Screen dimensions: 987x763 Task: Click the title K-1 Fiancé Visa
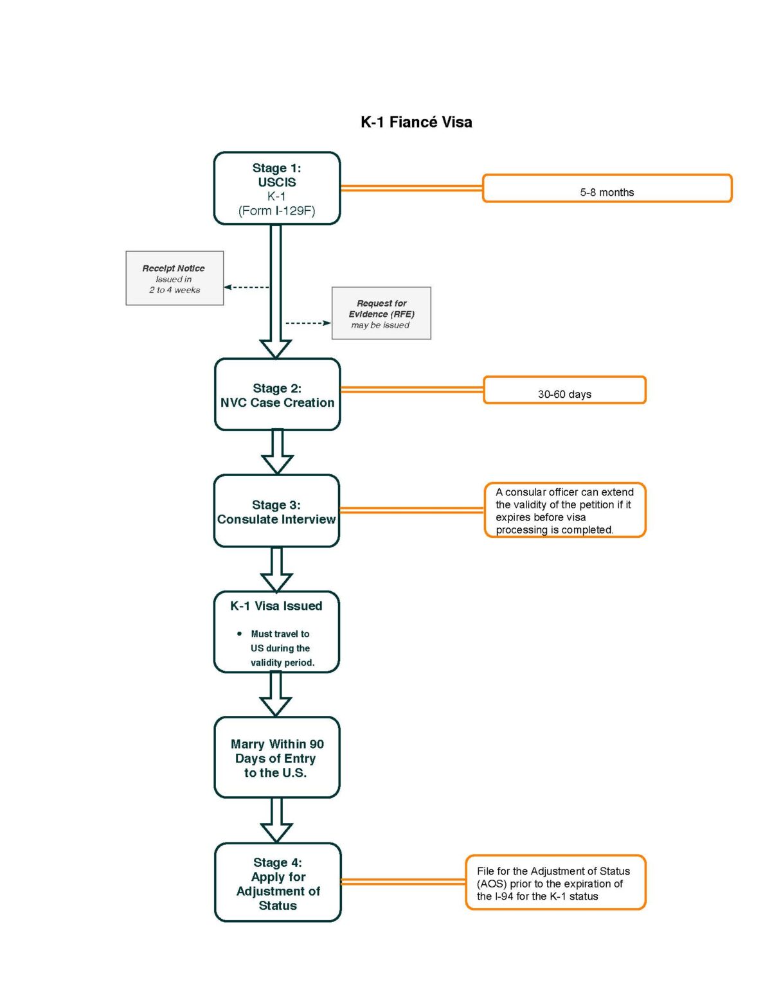click(416, 122)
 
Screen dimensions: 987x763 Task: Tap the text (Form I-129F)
click(276, 211)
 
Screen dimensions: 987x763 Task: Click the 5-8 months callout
click(607, 189)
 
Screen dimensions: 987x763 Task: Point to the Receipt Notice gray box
click(174, 278)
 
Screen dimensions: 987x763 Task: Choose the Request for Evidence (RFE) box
click(381, 314)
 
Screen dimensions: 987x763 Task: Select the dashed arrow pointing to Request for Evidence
click(308, 323)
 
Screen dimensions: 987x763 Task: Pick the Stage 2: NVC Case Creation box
click(277, 395)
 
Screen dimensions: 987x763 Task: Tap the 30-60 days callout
click(564, 391)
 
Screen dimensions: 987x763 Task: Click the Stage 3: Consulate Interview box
click(276, 511)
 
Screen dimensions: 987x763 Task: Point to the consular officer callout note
click(564, 510)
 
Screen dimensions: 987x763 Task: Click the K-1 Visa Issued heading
click(276, 606)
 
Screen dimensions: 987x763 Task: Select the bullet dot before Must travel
click(240, 634)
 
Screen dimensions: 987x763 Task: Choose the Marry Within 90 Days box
click(276, 758)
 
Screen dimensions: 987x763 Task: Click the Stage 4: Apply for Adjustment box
click(278, 883)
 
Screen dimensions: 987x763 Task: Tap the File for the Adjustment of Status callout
click(555, 883)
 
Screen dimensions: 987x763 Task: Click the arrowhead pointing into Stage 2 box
click(276, 348)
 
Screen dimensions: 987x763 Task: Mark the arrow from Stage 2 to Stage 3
click(277, 452)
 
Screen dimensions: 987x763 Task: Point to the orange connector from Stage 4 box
click(403, 882)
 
